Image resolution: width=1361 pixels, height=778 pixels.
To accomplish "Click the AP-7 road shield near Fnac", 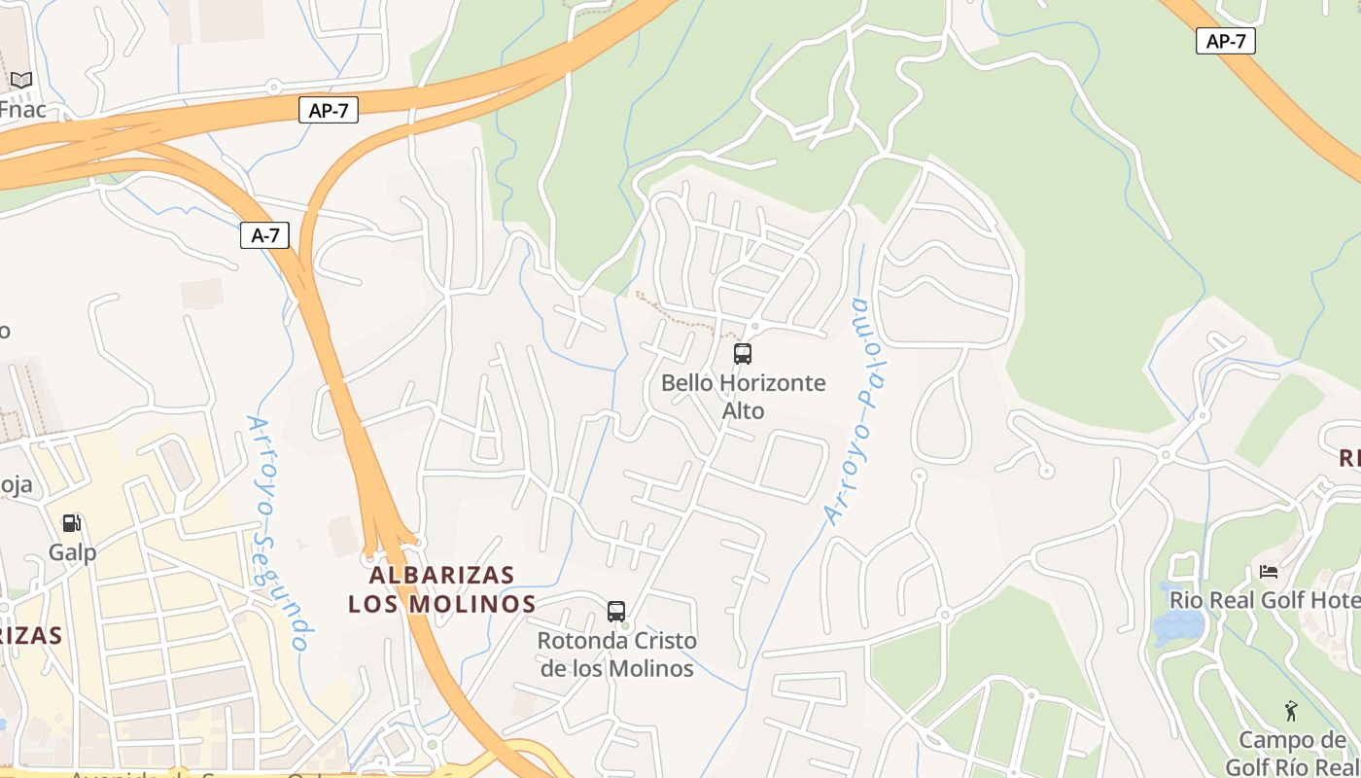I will tap(328, 111).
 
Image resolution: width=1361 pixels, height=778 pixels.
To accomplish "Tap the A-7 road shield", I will tap(264, 234).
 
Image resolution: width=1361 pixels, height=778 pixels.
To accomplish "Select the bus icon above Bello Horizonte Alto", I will tap(743, 354).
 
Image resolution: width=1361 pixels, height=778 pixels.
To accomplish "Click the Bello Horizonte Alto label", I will tap(743, 396).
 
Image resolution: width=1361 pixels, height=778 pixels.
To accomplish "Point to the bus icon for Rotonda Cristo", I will tap(616, 612).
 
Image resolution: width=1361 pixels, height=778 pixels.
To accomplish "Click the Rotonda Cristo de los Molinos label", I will tap(617, 654).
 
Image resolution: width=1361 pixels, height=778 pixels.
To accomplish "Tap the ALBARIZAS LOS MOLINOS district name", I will tap(442, 589).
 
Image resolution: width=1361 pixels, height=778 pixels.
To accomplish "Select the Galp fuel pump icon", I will tap(72, 523).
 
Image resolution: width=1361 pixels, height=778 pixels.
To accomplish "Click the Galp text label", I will tap(73, 552).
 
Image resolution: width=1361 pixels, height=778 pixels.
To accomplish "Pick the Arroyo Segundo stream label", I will tap(279, 533).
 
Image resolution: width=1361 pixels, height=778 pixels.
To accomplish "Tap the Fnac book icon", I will tap(21, 81).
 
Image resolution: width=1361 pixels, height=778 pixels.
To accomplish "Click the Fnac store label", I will tap(22, 109).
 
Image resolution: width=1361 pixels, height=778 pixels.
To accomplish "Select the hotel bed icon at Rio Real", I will tap(1269, 572).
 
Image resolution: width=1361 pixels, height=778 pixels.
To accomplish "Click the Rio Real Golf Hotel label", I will tap(1265, 600).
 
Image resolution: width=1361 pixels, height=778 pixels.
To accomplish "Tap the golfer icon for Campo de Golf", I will tap(1291, 711).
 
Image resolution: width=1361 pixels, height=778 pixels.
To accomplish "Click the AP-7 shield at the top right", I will tap(1225, 41).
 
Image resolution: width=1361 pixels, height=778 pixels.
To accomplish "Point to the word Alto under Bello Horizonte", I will tap(743, 410).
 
